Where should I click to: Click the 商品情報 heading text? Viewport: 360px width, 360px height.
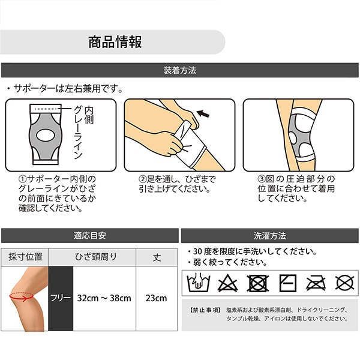coord(115,42)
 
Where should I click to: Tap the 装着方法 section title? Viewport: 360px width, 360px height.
coord(180,70)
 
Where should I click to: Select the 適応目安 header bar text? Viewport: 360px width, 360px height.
coord(90,236)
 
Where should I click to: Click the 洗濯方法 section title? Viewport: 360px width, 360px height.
coord(270,236)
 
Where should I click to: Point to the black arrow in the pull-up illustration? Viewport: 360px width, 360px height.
coord(203,113)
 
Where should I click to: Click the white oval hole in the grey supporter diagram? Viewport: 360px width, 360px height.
coord(46,135)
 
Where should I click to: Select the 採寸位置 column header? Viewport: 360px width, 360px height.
coord(25,257)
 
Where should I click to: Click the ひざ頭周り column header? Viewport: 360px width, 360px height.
coord(96,257)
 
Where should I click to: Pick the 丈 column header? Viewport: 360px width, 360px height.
coord(157,257)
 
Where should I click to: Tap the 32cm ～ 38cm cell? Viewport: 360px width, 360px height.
coord(104,298)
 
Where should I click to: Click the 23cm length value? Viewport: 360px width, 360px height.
coord(157,298)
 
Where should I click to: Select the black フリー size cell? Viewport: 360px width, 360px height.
coord(61,298)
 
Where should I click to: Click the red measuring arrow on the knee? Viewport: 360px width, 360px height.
coord(22,297)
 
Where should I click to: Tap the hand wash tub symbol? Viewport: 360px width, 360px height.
coord(199,283)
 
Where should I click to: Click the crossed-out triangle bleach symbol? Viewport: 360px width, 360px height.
coord(227,283)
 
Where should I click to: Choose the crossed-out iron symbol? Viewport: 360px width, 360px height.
coord(316,283)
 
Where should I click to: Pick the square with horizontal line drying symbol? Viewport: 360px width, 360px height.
coord(287,283)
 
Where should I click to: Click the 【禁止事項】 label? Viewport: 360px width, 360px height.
coord(205,310)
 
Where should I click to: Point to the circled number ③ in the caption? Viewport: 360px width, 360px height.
coord(262,179)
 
